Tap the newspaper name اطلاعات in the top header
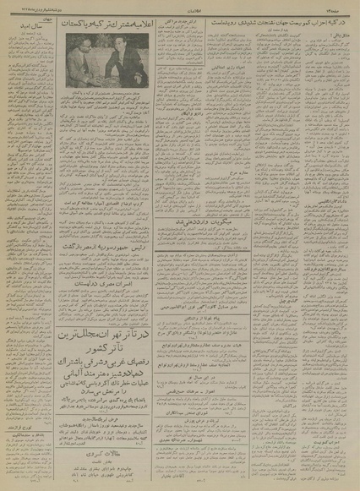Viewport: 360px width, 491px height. pos(182,11)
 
